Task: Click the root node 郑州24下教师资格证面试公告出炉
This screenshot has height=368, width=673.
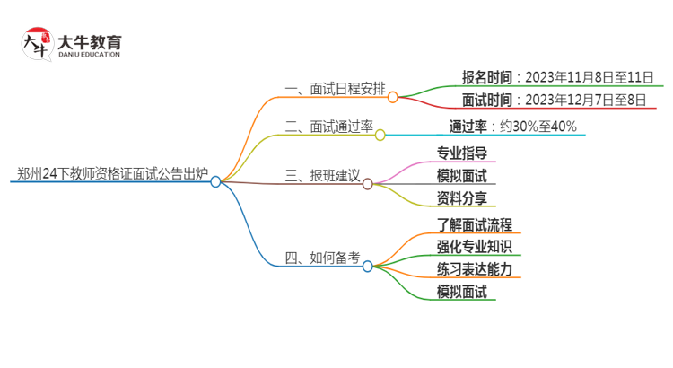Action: [112, 174]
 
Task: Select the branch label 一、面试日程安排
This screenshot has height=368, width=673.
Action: [335, 89]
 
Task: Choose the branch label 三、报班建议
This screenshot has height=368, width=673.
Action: [322, 176]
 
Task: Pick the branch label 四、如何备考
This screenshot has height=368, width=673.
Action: [322, 258]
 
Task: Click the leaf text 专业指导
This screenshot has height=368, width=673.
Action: [461, 153]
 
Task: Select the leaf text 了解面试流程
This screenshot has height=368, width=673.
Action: [474, 224]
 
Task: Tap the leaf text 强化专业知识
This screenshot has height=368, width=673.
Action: [474, 247]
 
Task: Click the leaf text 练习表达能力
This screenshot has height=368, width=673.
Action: [474, 269]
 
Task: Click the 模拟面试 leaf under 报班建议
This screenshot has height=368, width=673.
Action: [461, 176]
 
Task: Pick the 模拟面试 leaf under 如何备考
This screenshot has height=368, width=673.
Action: [461, 292]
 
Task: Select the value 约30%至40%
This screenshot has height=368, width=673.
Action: [538, 127]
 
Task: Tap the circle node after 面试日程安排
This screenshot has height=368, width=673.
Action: [393, 97]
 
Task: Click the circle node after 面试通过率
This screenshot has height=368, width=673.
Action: [380, 136]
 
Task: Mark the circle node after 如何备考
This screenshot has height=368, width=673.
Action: [368, 267]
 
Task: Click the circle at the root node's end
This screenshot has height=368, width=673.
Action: [216, 181]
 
